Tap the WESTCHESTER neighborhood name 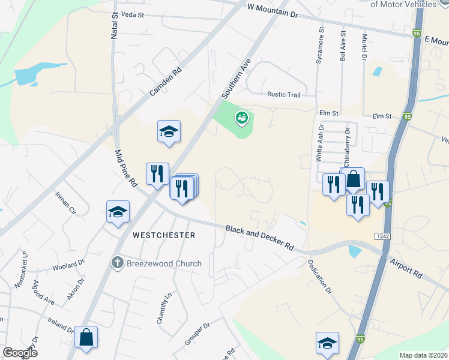pyautogui.click(x=164, y=235)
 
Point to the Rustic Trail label pyautogui.click(x=284, y=95)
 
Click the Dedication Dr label pyautogui.click(x=320, y=276)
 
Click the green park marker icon pyautogui.click(x=242, y=118)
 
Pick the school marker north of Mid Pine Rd pyautogui.click(x=169, y=131)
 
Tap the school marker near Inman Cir pyautogui.click(x=118, y=211)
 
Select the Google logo pyautogui.click(x=20, y=352)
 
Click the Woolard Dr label pyautogui.click(x=67, y=265)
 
